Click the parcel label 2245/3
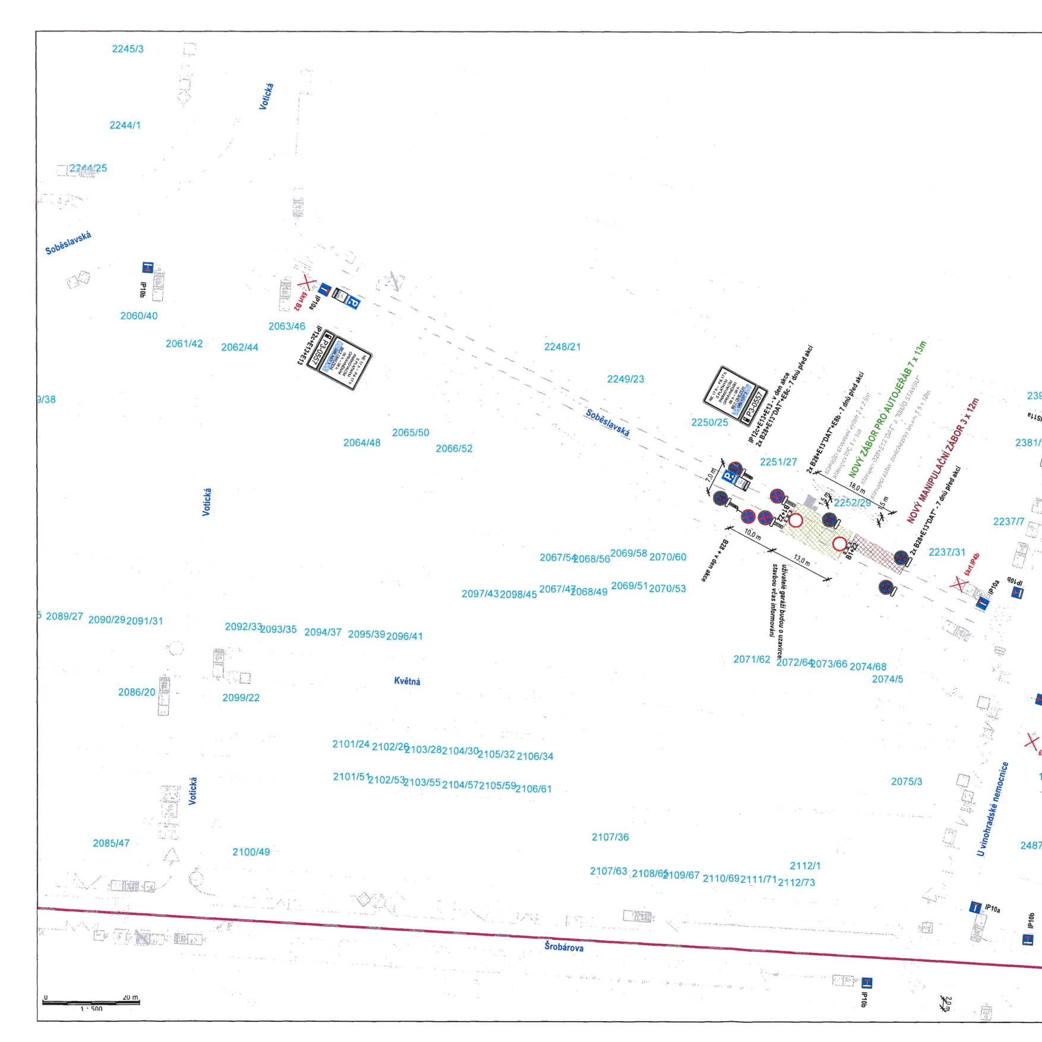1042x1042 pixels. (128, 49)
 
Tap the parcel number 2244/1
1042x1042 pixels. (125, 125)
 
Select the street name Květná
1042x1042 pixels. (407, 681)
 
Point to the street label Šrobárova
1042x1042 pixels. (564, 947)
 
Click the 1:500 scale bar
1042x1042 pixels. (91, 1003)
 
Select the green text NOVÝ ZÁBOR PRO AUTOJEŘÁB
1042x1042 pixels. (887, 410)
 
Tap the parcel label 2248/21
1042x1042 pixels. (562, 347)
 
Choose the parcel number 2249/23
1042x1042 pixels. (625, 379)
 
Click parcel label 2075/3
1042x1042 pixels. (906, 781)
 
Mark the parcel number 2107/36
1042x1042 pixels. (610, 837)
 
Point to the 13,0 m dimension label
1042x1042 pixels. (801, 560)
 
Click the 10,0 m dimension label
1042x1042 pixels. (752, 534)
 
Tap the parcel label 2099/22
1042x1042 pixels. (241, 697)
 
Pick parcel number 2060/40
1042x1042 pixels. (138, 316)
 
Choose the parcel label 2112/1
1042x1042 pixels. (805, 866)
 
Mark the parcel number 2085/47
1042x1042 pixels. (111, 843)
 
